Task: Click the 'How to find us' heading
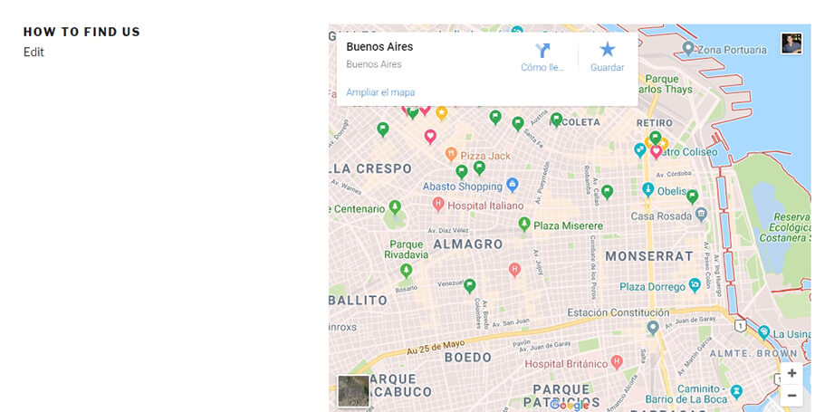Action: pyautogui.click(x=81, y=32)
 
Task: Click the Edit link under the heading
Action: pyautogui.click(x=34, y=53)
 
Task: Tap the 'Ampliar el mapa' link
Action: pyautogui.click(x=380, y=92)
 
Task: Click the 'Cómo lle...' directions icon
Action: pyautogui.click(x=542, y=51)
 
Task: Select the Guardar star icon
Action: pyautogui.click(x=607, y=50)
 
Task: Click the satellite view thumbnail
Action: pyautogui.click(x=353, y=391)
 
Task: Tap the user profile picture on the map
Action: pyautogui.click(x=791, y=43)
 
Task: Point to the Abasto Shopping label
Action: pyautogui.click(x=462, y=187)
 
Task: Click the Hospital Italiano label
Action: pyautogui.click(x=486, y=206)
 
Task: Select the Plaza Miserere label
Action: pyautogui.click(x=567, y=225)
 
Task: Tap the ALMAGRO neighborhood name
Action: pyautogui.click(x=467, y=244)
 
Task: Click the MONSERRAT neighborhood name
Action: pyautogui.click(x=648, y=256)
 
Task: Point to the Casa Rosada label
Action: pyautogui.click(x=661, y=216)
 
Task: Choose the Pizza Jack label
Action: pyautogui.click(x=485, y=156)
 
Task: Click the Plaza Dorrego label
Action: pyautogui.click(x=651, y=287)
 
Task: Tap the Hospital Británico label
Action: pyautogui.click(x=566, y=364)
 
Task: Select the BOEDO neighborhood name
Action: pyautogui.click(x=467, y=358)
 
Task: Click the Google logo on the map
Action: pyautogui.click(x=569, y=405)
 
